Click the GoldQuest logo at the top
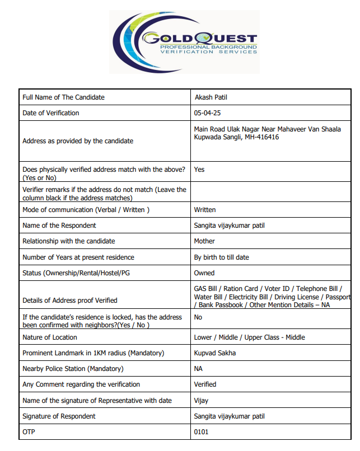pos(184,42)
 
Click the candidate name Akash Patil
pos(211,97)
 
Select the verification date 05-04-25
pos(207,113)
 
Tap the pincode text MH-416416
pos(261,137)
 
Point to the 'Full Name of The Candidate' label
pos(63,97)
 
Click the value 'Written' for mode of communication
pos(205,210)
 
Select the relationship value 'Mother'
pos(204,241)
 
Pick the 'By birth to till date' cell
pos(222,257)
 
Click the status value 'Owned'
pos(204,273)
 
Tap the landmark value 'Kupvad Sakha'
pos(215,353)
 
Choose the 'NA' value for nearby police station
pos(198,369)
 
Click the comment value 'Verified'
pos(205,384)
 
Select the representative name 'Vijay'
pos(202,401)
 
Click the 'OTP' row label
pos(29,432)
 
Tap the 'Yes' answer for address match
pos(199,168)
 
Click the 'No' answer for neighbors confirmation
pos(198,317)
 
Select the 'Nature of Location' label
pos(50,337)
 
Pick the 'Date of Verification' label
pos(51,113)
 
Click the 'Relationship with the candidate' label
pos(68,241)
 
